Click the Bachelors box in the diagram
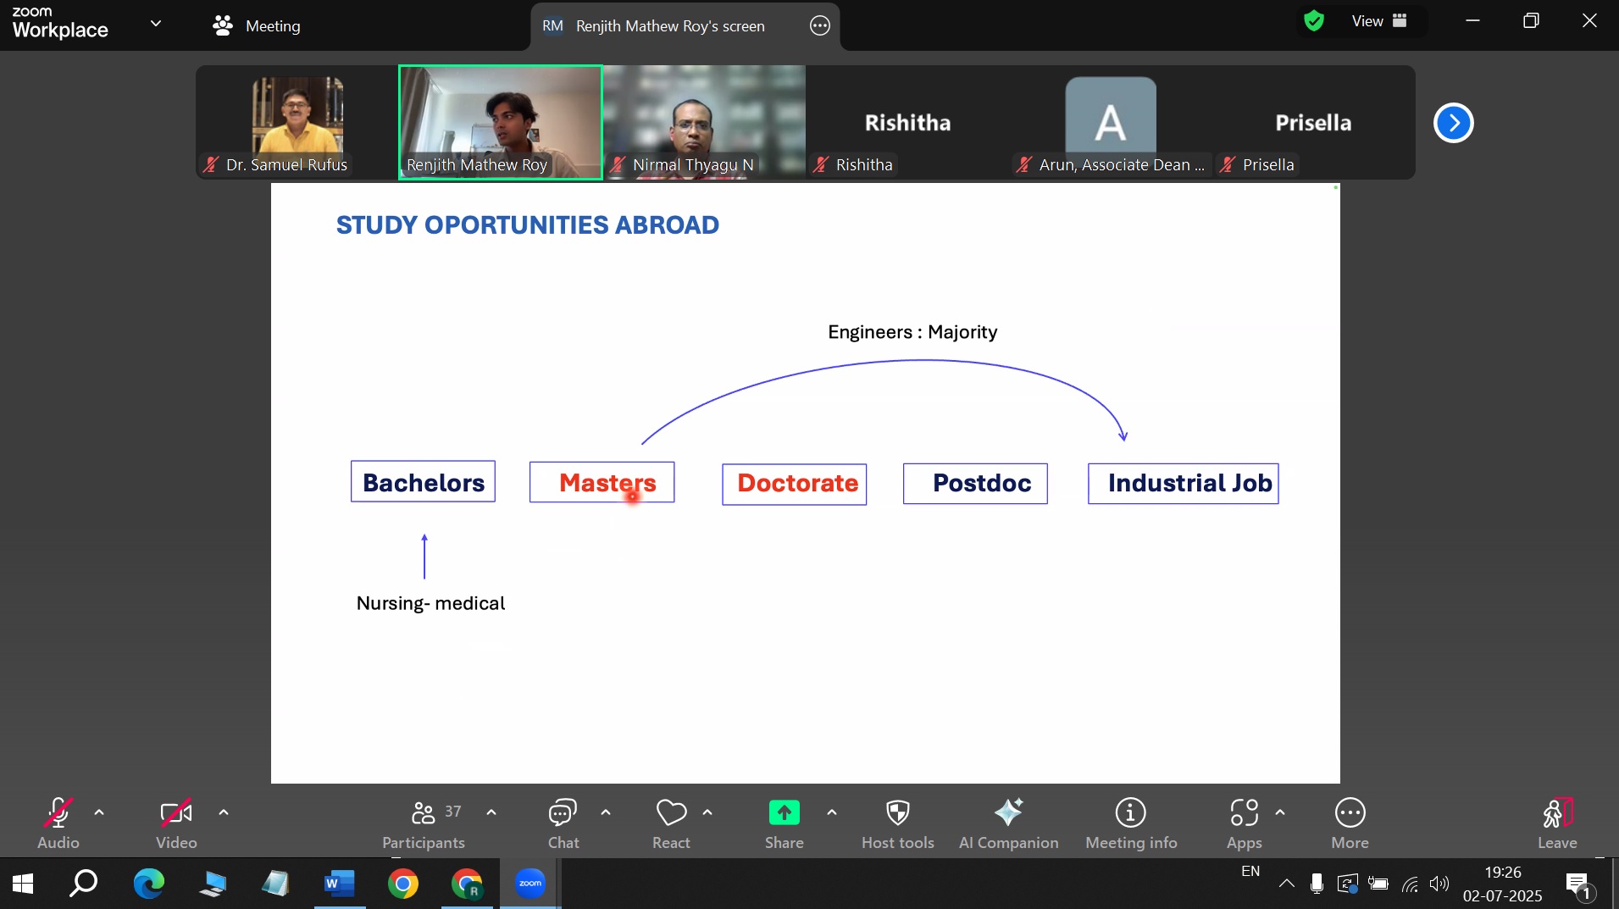click(423, 481)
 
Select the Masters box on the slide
click(602, 482)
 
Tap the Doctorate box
click(794, 484)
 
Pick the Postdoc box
click(975, 483)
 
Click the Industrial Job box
click(1183, 483)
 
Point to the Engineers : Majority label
click(912, 332)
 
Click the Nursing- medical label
click(430, 603)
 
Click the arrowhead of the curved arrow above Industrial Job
click(1123, 436)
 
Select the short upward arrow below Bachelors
click(424, 556)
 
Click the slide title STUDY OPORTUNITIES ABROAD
click(528, 225)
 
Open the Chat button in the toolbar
click(563, 823)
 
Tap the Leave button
click(1557, 823)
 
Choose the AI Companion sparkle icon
click(1008, 812)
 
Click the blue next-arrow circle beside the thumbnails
click(1454, 123)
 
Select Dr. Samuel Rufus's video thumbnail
click(297, 123)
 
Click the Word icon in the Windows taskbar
click(339, 884)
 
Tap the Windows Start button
click(23, 884)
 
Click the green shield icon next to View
click(1314, 21)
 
